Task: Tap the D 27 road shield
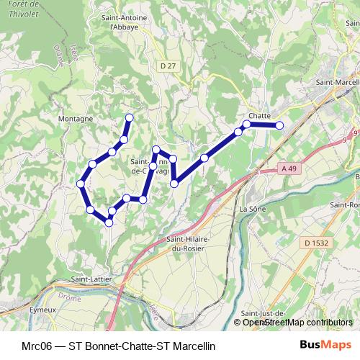[168, 66]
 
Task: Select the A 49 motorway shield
[289, 168]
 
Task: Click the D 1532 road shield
[316, 243]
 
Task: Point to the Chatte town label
[259, 115]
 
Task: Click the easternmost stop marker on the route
[279, 126]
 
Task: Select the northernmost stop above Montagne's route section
[130, 117]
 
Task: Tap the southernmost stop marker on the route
[109, 222]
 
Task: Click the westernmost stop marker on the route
[81, 184]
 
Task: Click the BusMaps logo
[325, 345]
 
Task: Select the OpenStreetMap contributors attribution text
[296, 323]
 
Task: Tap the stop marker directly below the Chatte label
[247, 125]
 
